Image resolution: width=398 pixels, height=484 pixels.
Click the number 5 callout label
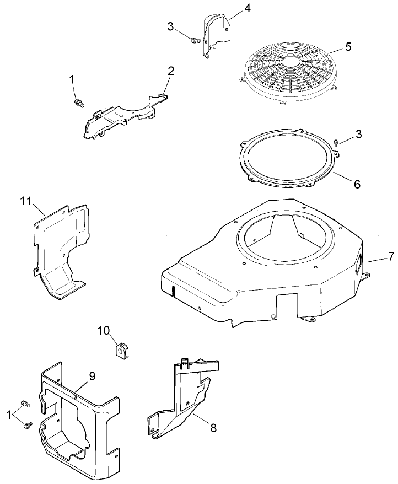click(347, 46)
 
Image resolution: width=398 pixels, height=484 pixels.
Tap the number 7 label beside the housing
click(391, 256)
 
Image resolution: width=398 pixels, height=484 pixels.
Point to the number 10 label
click(104, 330)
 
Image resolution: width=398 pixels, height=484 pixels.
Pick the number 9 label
click(92, 377)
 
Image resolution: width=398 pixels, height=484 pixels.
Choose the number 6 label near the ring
click(357, 185)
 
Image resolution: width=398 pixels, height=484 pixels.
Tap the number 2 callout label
click(171, 71)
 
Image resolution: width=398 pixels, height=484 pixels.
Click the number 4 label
click(232, 8)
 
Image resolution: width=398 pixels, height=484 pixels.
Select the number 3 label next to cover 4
click(171, 26)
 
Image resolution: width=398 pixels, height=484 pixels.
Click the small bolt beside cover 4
click(193, 40)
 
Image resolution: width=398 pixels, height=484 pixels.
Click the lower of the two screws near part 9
click(27, 424)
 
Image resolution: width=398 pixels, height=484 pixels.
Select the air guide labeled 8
click(185, 397)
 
